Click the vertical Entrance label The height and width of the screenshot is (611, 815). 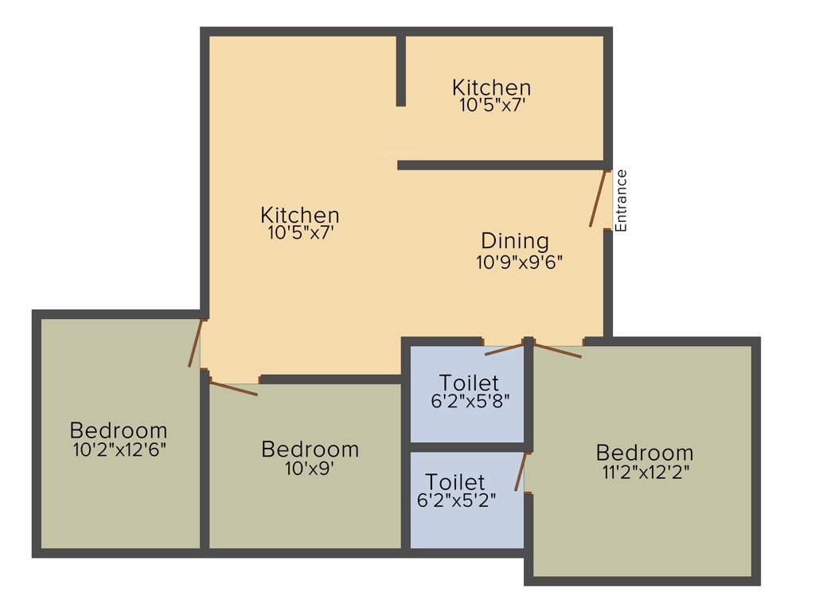[622, 200]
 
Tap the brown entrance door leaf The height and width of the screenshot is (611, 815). [599, 199]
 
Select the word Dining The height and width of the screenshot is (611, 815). [515, 240]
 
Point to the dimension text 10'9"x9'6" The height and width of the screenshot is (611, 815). [520, 263]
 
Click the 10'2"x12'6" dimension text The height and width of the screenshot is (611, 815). [119, 449]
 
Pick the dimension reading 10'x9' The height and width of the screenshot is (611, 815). [309, 469]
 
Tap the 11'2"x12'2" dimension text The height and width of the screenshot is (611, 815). [645, 472]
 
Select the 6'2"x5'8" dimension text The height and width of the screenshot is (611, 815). [470, 402]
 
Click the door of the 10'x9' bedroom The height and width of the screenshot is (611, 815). [233, 388]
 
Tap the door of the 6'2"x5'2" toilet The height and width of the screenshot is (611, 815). [521, 472]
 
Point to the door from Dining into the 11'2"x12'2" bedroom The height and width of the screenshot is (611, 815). [557, 350]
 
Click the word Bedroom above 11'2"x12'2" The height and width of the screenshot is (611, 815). [645, 453]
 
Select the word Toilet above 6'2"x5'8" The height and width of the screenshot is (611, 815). [470, 383]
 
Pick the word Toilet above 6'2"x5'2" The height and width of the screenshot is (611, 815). [455, 482]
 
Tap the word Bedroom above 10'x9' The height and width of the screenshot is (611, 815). [310, 449]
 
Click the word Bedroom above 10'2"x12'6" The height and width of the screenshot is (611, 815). [119, 430]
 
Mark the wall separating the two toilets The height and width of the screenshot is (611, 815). [467, 447]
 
